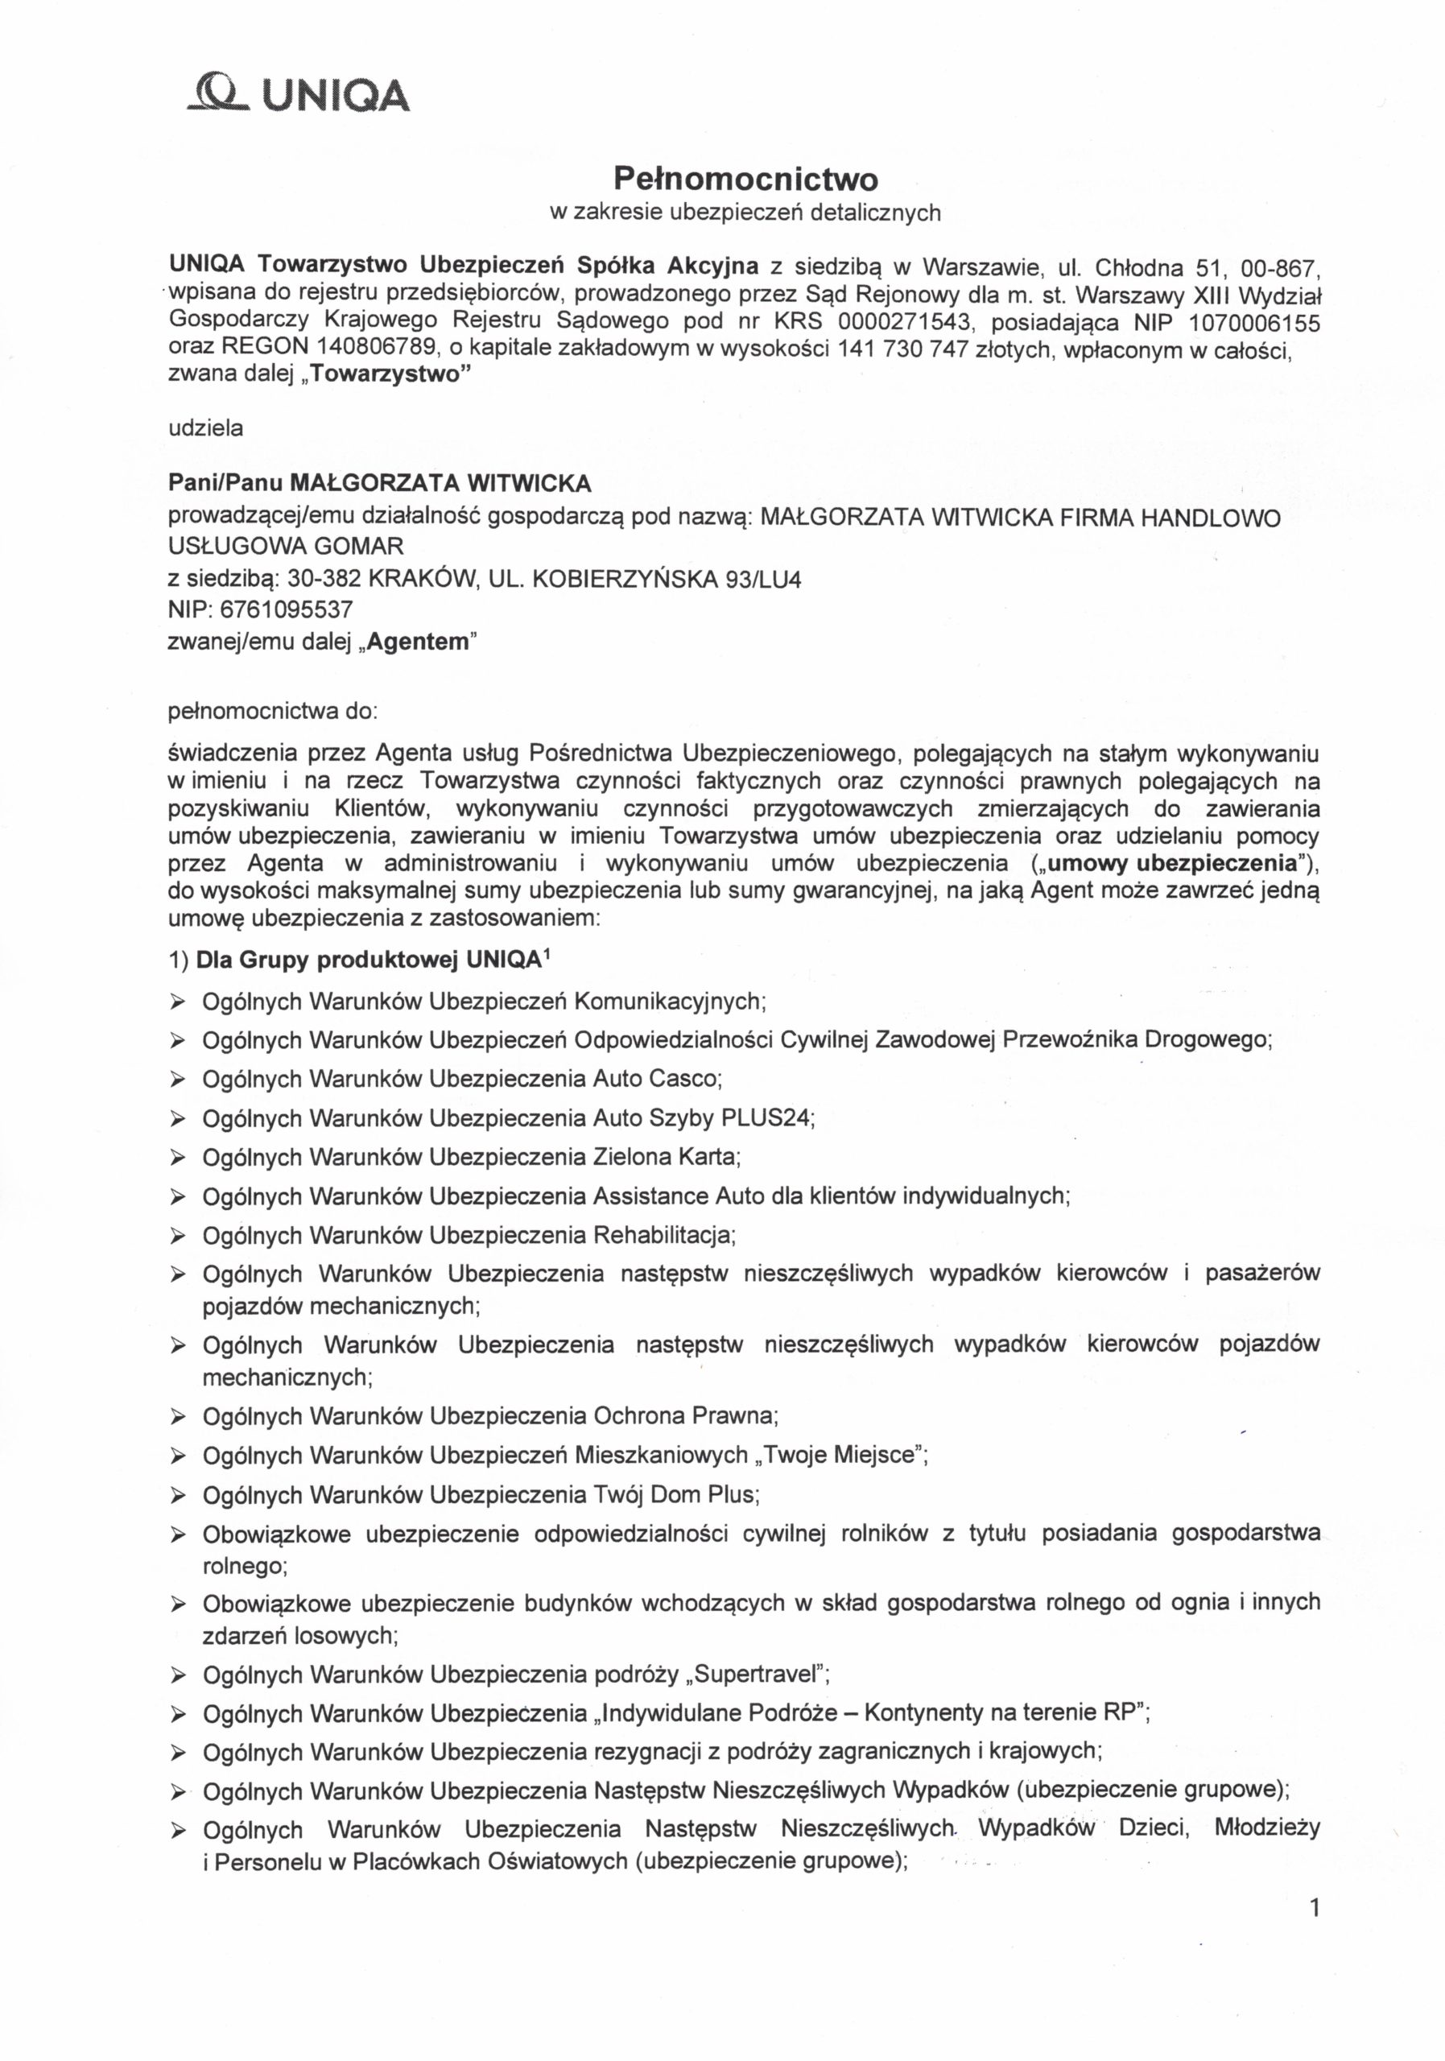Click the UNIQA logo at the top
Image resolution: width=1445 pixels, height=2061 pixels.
[299, 94]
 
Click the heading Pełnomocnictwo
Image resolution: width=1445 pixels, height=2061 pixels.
[745, 180]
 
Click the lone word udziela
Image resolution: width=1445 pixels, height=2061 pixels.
[205, 428]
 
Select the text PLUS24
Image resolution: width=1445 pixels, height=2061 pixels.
[773, 1117]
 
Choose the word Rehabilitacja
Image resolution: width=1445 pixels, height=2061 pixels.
[664, 1235]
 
